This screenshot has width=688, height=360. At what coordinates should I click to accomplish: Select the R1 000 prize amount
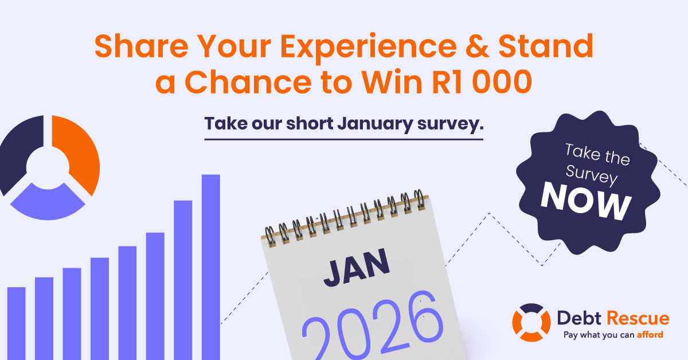click(x=482, y=82)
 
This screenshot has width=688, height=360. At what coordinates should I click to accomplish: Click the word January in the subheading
click(x=375, y=124)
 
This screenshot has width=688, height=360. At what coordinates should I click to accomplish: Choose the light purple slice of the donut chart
click(x=48, y=204)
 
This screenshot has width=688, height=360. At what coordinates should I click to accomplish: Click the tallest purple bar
click(x=211, y=267)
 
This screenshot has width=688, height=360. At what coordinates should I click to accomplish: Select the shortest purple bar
click(x=16, y=323)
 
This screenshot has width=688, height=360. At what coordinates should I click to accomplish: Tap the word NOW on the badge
click(x=586, y=201)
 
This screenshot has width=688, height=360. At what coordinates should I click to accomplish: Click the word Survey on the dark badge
click(x=591, y=175)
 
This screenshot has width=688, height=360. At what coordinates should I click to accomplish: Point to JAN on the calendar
click(x=356, y=268)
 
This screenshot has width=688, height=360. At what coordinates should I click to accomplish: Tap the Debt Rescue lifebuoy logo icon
click(x=531, y=323)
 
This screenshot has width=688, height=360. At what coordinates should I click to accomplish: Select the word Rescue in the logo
click(x=638, y=318)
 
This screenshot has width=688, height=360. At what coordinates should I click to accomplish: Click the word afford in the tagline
click(x=650, y=335)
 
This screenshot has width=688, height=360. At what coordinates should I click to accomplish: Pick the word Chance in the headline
click(x=248, y=82)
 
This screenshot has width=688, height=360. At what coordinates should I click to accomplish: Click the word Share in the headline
click(x=141, y=46)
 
